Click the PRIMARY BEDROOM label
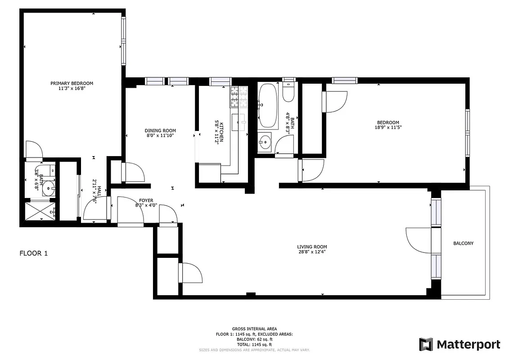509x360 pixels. pos(72,83)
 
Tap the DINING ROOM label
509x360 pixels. pos(160,130)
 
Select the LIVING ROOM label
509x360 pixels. pos(312,247)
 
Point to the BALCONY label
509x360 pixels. pos(463,243)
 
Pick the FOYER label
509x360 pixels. pos(146,200)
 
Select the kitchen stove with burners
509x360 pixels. pos(239,97)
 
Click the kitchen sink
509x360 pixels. pos(239,121)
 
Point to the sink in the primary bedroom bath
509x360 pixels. pos(48,188)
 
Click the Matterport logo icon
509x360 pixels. pos(426,344)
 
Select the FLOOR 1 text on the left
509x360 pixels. pos(33,253)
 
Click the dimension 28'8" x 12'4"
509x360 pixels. pos(312,252)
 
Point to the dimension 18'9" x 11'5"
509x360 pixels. pos(388,128)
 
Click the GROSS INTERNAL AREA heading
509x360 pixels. pos(254,329)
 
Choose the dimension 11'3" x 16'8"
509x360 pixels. pos(72,89)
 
